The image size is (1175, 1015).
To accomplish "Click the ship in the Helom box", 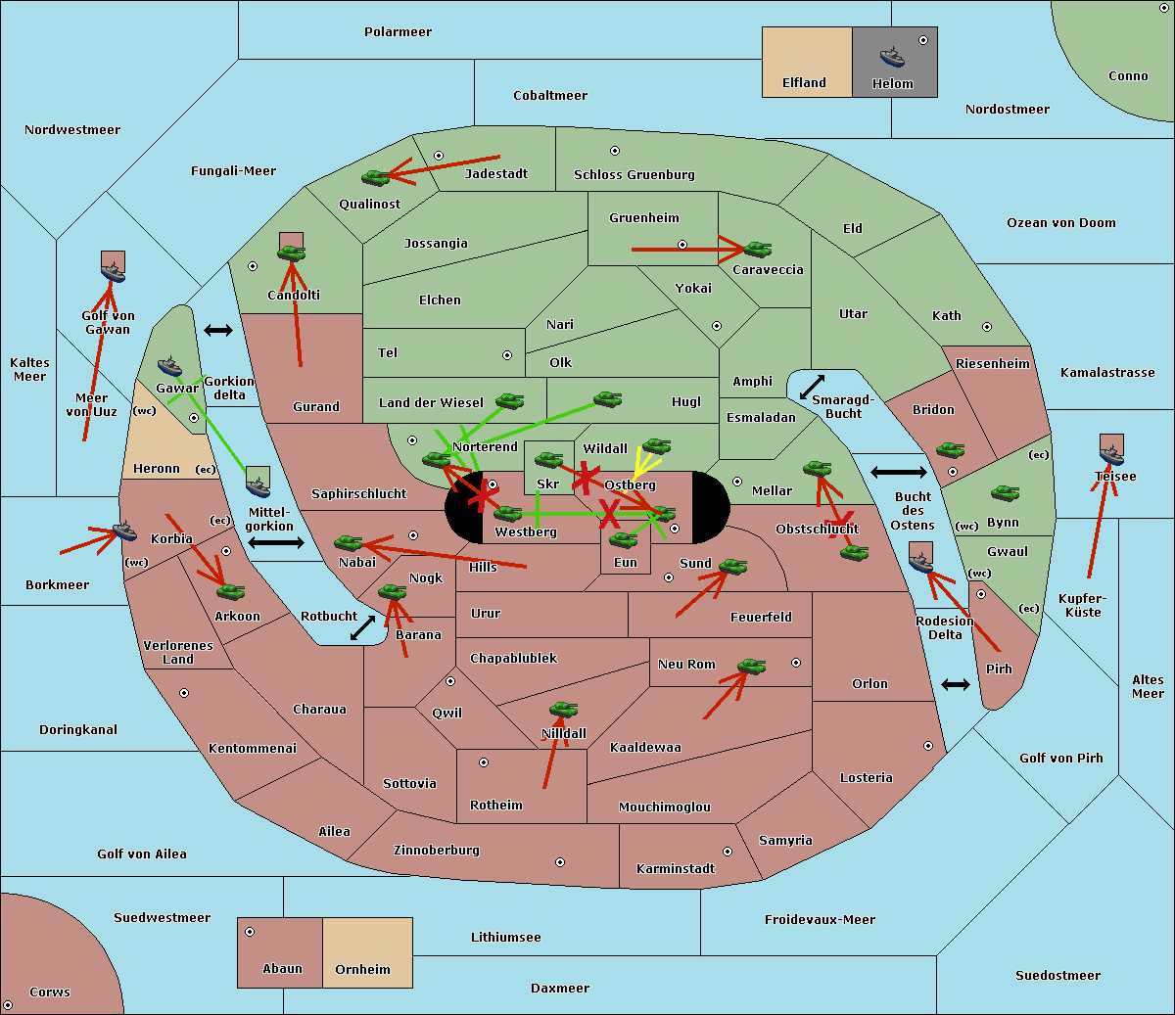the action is pyautogui.click(x=892, y=57).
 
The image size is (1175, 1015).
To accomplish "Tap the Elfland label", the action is pyautogui.click(x=804, y=83).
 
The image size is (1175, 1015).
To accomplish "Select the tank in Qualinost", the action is pyautogui.click(x=375, y=178).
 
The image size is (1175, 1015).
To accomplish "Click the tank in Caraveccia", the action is pyautogui.click(x=757, y=249).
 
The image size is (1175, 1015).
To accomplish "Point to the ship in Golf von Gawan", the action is pyautogui.click(x=114, y=272).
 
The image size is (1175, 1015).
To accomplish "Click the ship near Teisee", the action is pyautogui.click(x=1111, y=455).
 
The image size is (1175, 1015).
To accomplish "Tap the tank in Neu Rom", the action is pyautogui.click(x=751, y=666).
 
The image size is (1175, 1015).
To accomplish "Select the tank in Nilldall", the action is pyautogui.click(x=563, y=710).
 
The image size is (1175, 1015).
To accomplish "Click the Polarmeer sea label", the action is pyautogui.click(x=398, y=32).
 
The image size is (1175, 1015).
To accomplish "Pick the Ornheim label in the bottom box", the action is pyautogui.click(x=362, y=969).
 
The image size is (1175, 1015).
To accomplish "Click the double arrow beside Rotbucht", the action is pyautogui.click(x=362, y=627).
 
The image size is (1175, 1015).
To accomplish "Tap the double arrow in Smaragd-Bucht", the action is pyautogui.click(x=812, y=387).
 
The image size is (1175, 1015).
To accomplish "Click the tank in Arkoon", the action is pyautogui.click(x=230, y=591).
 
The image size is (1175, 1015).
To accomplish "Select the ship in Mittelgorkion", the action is pyautogui.click(x=258, y=486).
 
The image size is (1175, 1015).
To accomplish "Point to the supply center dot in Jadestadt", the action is pyautogui.click(x=439, y=156).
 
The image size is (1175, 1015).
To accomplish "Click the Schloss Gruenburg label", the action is pyautogui.click(x=634, y=174).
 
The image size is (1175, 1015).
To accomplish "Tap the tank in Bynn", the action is pyautogui.click(x=1005, y=492).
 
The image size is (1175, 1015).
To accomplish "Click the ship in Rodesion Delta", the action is pyautogui.click(x=920, y=562).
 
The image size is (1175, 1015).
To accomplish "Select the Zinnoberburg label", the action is pyautogui.click(x=437, y=851).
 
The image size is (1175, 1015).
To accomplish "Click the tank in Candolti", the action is pyautogui.click(x=291, y=253).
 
